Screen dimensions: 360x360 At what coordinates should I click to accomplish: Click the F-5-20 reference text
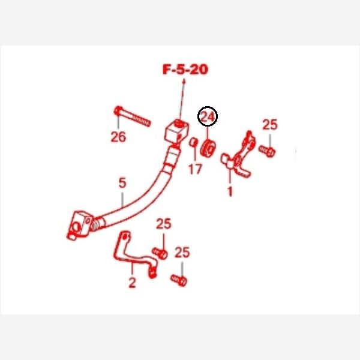[185, 70]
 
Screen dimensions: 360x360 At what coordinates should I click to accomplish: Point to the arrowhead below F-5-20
[184, 81]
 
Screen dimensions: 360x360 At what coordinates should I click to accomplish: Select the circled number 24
[208, 116]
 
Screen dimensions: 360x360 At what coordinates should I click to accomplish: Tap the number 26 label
[118, 137]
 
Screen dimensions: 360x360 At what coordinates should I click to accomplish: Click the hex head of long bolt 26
[118, 110]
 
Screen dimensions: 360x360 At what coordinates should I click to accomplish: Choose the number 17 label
[195, 169]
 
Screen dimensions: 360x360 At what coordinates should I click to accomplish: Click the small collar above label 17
[193, 142]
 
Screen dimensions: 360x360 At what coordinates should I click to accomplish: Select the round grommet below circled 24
[208, 148]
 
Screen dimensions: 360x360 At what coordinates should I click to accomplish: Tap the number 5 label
[122, 183]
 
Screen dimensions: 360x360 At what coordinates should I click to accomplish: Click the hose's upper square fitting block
[177, 132]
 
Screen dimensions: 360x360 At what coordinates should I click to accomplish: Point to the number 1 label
[230, 191]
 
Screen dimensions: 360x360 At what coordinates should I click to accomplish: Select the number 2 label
[132, 283]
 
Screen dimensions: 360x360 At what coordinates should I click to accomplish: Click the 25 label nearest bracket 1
[270, 125]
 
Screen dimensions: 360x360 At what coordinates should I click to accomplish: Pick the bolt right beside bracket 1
[267, 151]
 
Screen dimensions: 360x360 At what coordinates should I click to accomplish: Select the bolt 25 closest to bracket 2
[160, 253]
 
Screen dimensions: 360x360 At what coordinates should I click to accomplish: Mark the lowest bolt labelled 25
[179, 280]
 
